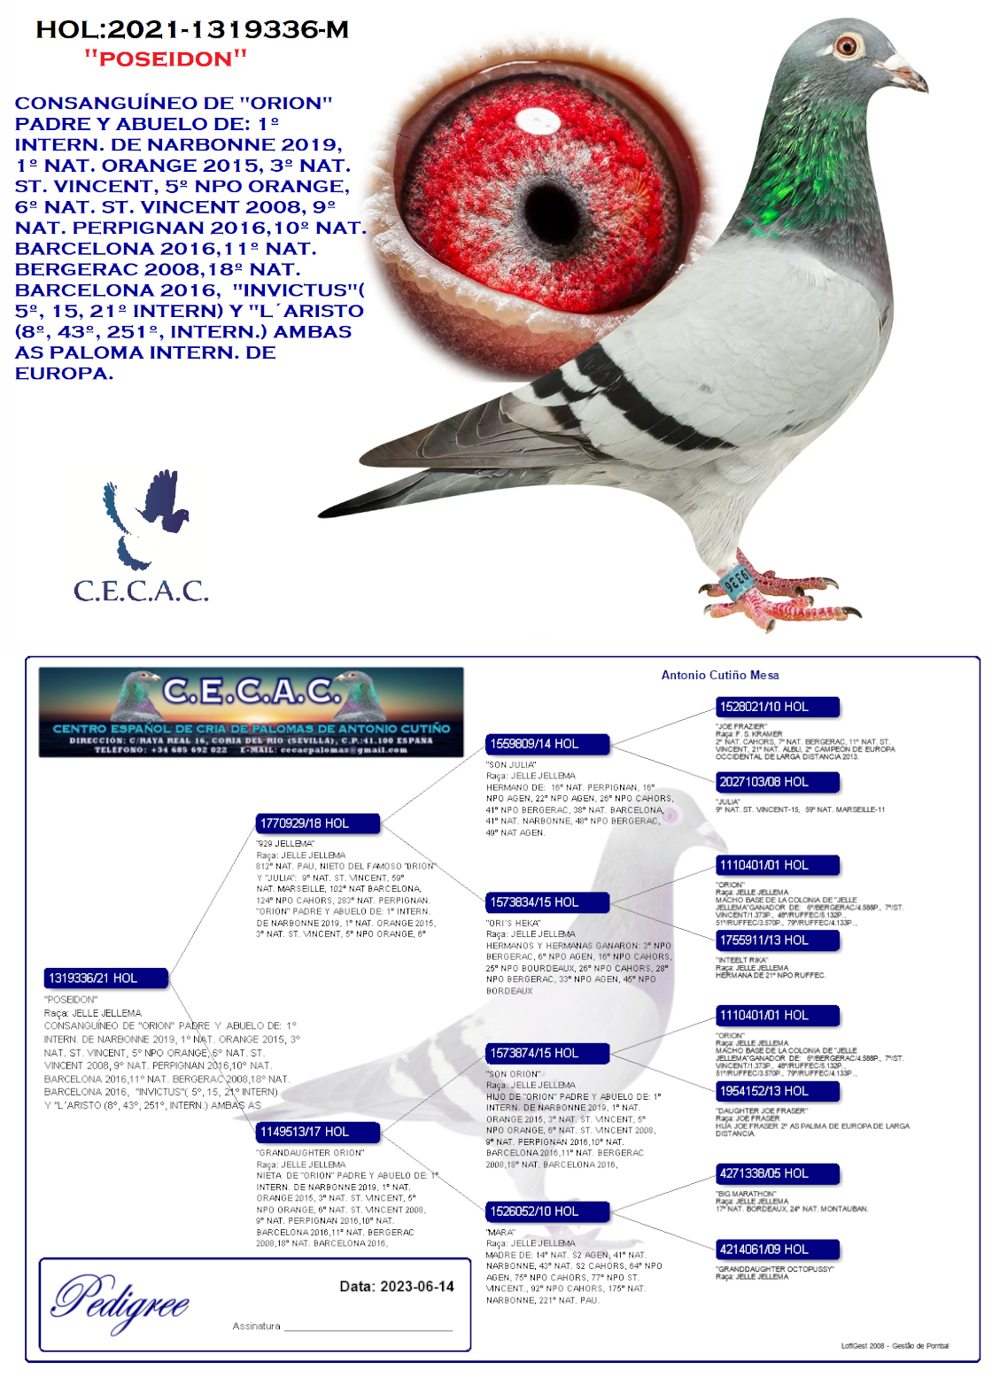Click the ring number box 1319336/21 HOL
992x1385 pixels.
[x=106, y=978]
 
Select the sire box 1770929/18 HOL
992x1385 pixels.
[x=318, y=824]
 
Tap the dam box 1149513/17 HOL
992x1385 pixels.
[x=318, y=1132]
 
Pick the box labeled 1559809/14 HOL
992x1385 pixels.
[x=547, y=744]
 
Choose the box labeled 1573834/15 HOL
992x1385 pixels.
[x=547, y=902]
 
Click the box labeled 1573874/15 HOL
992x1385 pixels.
[x=547, y=1053]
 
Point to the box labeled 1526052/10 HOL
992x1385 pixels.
[x=547, y=1211]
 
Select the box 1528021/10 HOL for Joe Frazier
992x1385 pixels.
[x=777, y=707]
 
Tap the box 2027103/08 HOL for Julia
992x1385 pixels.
[x=777, y=782]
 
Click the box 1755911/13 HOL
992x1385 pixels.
[x=777, y=940]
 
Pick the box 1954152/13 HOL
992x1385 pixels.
[x=777, y=1091]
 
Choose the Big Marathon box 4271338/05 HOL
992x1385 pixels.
[x=777, y=1173]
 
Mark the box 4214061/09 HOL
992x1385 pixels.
[x=777, y=1250]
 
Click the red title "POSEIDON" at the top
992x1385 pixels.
[x=166, y=59]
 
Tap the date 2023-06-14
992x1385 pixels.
[x=397, y=1286]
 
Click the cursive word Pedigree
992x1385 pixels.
[x=120, y=1302]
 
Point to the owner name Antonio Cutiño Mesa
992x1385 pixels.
[x=720, y=675]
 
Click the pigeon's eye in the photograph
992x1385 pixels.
[x=848, y=45]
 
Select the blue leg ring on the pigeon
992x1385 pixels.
[x=738, y=581]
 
